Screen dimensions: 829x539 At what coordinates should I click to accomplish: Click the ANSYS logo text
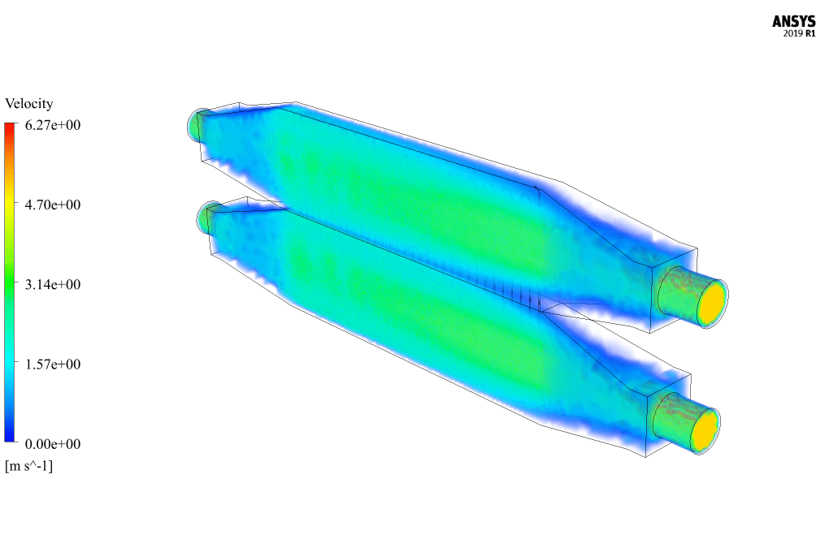pyautogui.click(x=793, y=22)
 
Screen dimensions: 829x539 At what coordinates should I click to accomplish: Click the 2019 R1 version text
pyautogui.click(x=800, y=34)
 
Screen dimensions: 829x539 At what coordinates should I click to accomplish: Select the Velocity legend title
pyautogui.click(x=29, y=103)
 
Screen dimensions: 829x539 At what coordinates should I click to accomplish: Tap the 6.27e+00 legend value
pyautogui.click(x=53, y=125)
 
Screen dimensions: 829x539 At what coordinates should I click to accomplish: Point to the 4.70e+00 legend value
pyautogui.click(x=53, y=205)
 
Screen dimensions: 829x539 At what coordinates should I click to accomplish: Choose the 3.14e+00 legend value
pyautogui.click(x=53, y=285)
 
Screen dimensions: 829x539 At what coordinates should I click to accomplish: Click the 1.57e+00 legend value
pyautogui.click(x=53, y=364)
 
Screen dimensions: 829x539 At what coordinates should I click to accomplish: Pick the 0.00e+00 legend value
pyautogui.click(x=53, y=444)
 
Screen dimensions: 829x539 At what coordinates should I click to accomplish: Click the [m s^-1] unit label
pyautogui.click(x=29, y=466)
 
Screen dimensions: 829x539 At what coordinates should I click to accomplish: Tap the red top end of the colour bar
pyautogui.click(x=10, y=126)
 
